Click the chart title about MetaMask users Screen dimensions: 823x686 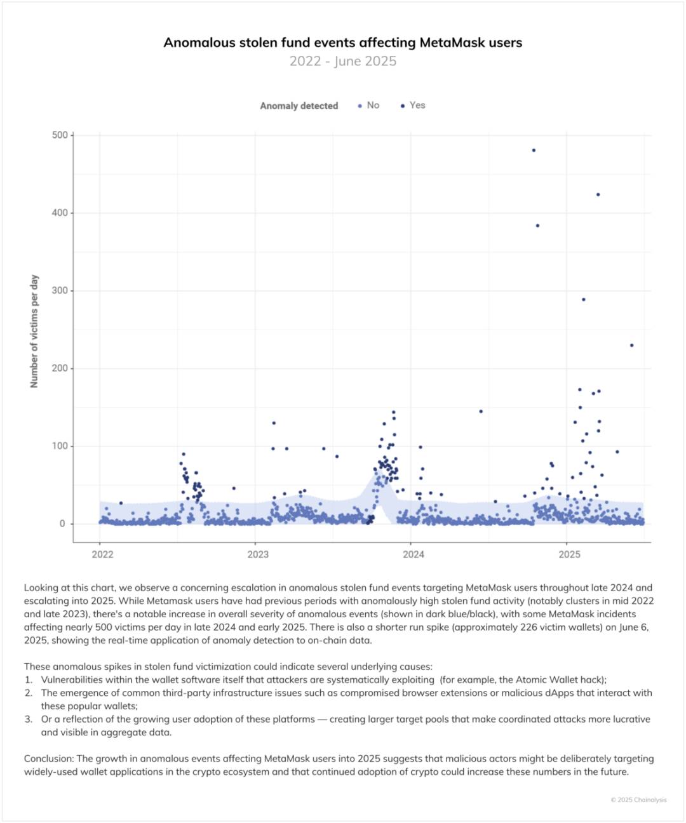tap(343, 43)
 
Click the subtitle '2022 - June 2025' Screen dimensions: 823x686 tap(343, 61)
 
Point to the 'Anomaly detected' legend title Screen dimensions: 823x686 tap(299, 106)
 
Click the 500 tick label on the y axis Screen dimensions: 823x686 tap(60, 135)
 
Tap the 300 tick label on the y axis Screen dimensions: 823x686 tap(60, 291)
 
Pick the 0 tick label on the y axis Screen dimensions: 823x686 tap(62, 524)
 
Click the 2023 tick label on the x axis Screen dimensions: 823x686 tap(258, 554)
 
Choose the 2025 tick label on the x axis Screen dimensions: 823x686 tap(569, 554)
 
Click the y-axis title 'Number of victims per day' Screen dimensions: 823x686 tap(34, 331)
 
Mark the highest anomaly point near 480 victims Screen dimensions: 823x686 tap(534, 151)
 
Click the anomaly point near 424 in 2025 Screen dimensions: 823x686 tap(598, 194)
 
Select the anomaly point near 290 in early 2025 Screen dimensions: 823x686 tap(584, 299)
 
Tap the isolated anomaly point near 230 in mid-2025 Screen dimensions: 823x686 tap(631, 345)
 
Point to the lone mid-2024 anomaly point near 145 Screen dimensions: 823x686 tap(481, 411)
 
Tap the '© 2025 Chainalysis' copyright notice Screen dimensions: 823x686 tap(638, 800)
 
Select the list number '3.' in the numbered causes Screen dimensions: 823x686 tap(29, 719)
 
